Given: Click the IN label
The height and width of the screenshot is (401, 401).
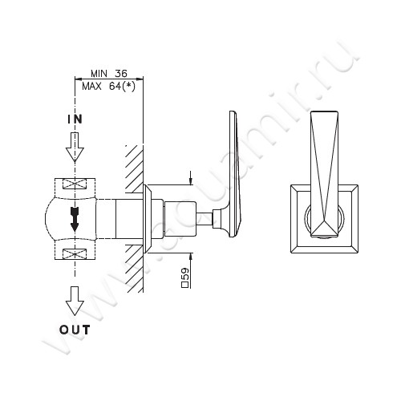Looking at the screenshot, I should coord(75,119).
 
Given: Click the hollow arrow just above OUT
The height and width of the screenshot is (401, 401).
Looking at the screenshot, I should coord(75,303).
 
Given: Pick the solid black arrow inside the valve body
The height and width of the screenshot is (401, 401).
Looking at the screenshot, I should coord(75,218).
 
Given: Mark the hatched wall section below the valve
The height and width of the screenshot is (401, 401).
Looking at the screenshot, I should coord(133,269).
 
